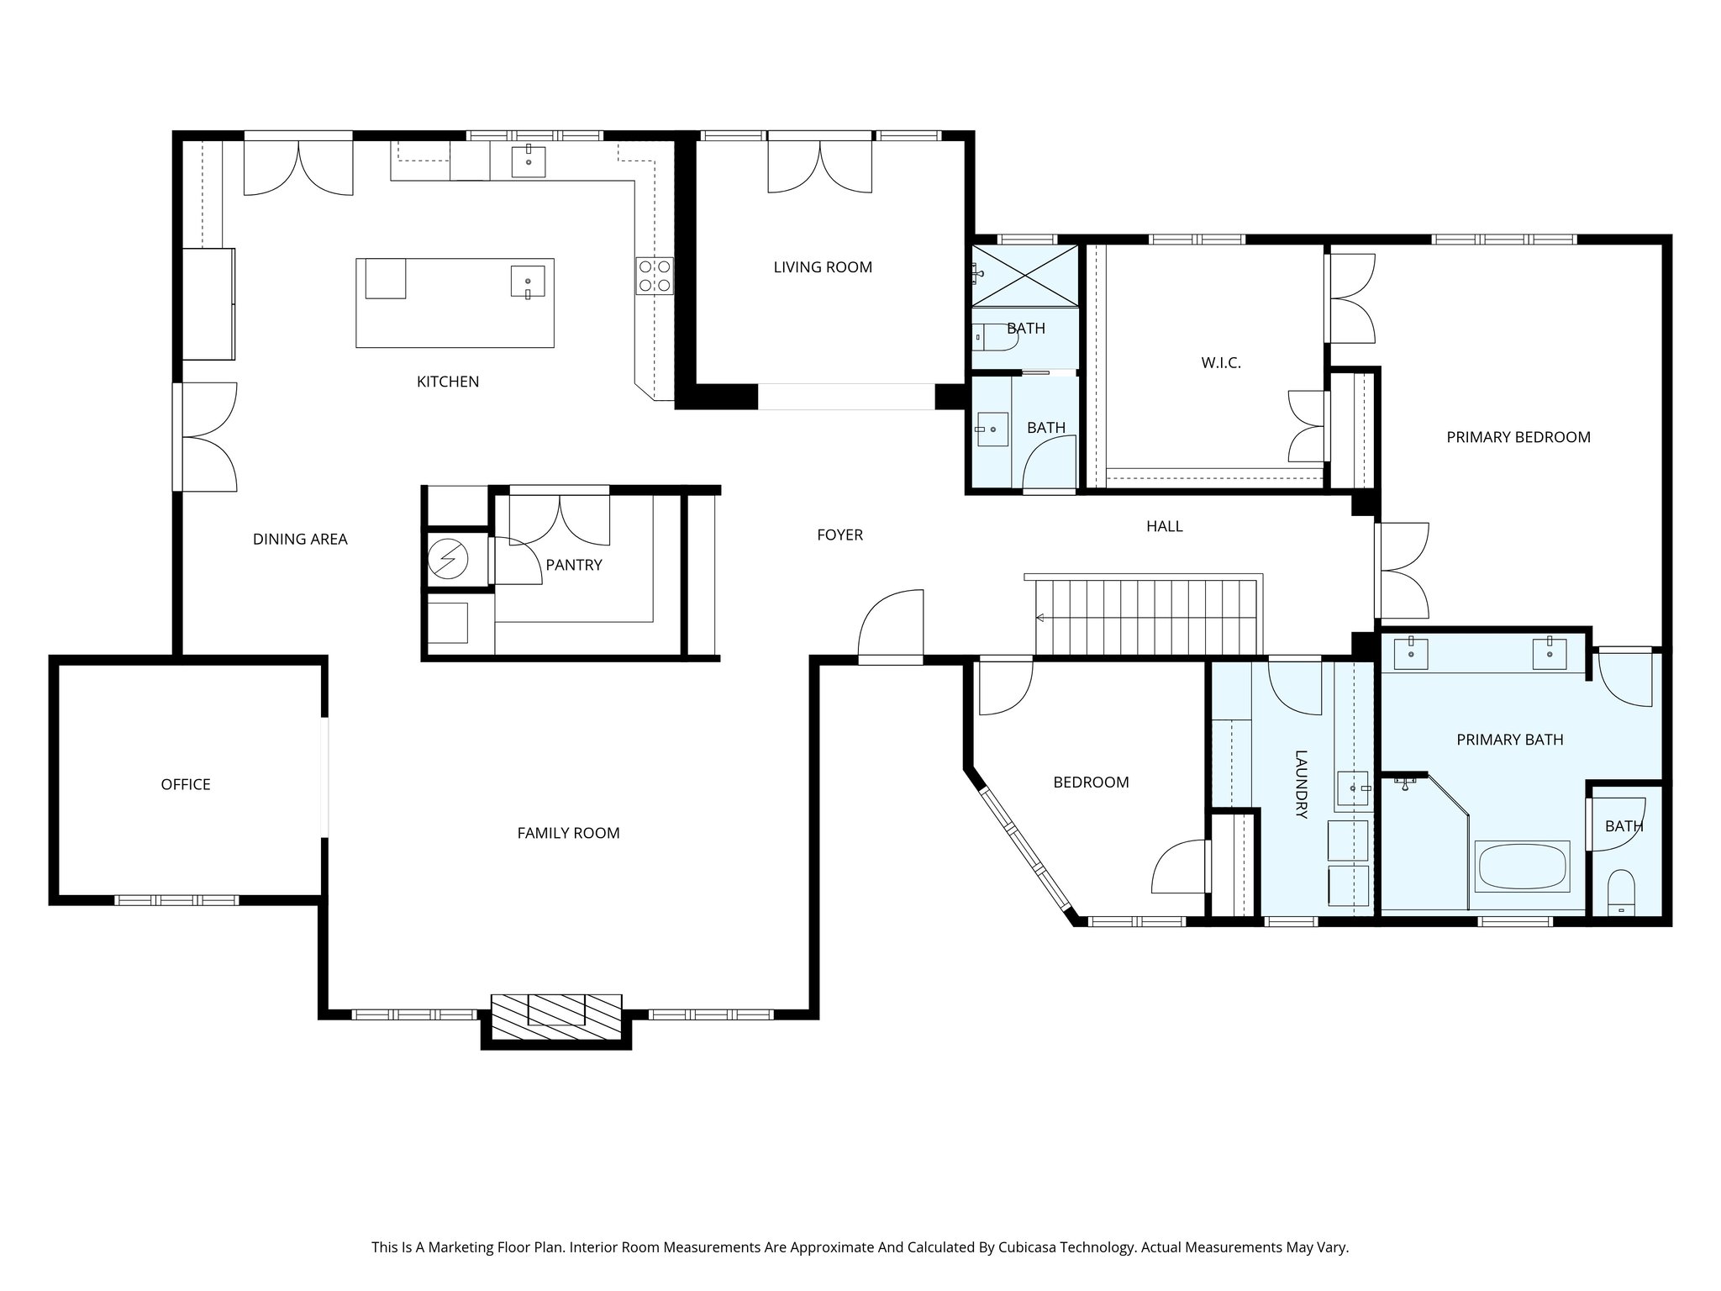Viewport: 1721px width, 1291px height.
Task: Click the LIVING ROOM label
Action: (823, 267)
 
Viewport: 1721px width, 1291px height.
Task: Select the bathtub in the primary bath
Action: (1522, 867)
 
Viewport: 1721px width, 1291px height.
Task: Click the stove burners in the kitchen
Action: (655, 276)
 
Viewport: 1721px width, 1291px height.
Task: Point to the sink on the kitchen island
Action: (528, 282)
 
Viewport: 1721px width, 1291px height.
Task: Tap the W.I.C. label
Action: (1220, 363)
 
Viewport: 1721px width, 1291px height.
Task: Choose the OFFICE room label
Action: (186, 784)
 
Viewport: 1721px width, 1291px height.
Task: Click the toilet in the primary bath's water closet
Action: (1621, 893)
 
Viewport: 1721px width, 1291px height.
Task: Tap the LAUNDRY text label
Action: (1300, 784)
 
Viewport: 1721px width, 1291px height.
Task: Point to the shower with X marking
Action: (1025, 275)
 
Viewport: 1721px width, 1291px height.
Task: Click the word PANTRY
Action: (574, 565)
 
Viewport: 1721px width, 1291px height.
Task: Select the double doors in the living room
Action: (820, 166)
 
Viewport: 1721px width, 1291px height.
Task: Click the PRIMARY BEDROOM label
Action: (1518, 437)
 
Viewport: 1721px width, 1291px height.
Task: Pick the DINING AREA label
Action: (300, 540)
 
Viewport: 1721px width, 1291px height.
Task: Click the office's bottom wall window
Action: (176, 900)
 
